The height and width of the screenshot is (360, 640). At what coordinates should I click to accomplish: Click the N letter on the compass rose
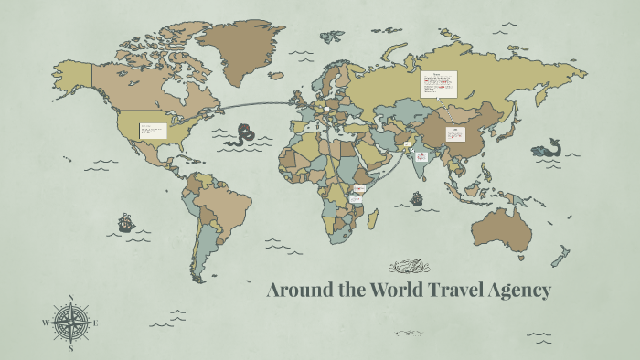pos(70,298)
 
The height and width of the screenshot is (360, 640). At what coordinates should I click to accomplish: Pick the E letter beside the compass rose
pos(95,322)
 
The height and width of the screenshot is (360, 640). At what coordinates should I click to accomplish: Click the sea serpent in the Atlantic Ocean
pos(244,136)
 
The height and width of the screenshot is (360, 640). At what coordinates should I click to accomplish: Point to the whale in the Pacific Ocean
pos(547,148)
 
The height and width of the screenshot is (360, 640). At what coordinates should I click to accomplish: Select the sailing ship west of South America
pos(125,222)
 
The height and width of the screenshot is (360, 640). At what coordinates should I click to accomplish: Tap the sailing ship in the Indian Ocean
pos(417,196)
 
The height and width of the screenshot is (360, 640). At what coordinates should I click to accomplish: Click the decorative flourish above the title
pos(409,268)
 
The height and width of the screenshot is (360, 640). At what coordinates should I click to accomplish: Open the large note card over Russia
pos(438,84)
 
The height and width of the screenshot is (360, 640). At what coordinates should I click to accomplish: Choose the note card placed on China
pos(455,134)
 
